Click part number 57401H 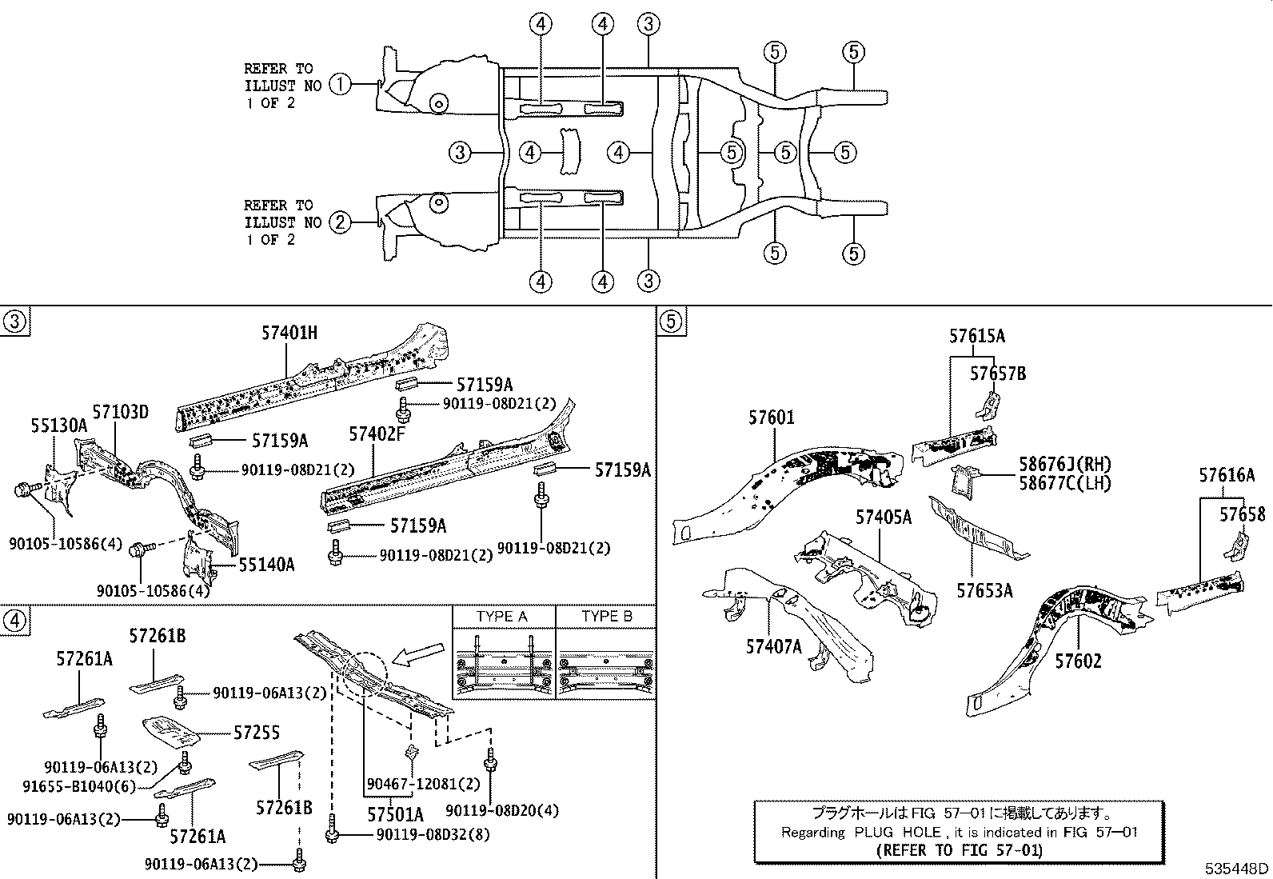tap(289, 333)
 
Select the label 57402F tap(377, 434)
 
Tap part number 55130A tap(59, 426)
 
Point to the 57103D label tap(120, 413)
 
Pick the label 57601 tap(772, 418)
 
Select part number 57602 tap(1078, 661)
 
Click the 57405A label tap(884, 517)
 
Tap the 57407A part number tap(773, 646)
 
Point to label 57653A tap(984, 590)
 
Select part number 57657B tap(998, 373)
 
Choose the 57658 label tap(1243, 514)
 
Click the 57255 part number tap(257, 733)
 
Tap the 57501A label tap(395, 814)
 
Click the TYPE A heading tap(502, 617)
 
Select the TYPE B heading tap(607, 617)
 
